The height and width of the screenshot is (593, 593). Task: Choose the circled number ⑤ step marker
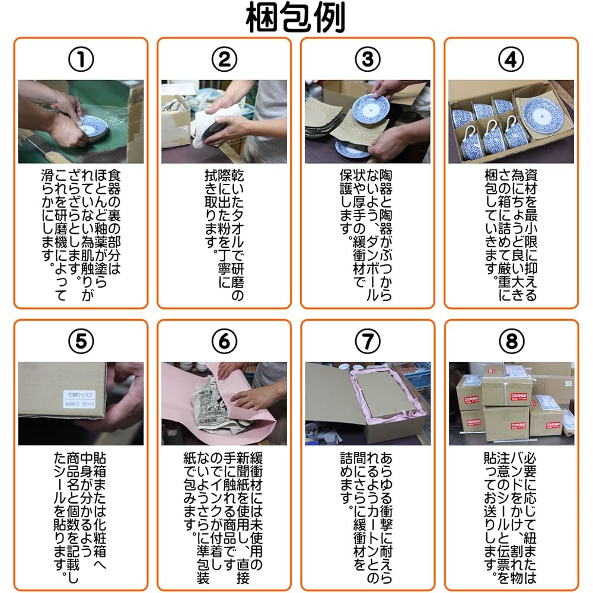click(x=81, y=341)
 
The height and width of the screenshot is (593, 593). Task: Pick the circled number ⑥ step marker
click(x=224, y=341)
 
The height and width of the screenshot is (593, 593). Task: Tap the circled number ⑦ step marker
click(x=368, y=341)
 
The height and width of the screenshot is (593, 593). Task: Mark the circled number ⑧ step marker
click(x=511, y=341)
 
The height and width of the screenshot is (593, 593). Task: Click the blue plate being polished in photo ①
click(x=93, y=126)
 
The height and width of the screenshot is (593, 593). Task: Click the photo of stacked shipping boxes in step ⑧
click(x=511, y=403)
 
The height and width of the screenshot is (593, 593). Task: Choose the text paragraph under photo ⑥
click(x=224, y=516)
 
